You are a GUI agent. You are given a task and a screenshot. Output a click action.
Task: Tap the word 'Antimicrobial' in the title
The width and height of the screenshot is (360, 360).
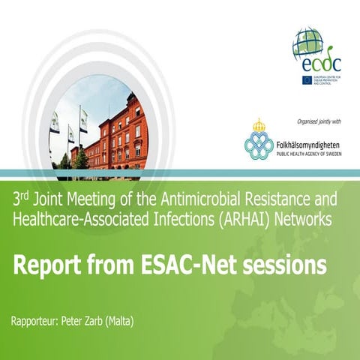point(185,200)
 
